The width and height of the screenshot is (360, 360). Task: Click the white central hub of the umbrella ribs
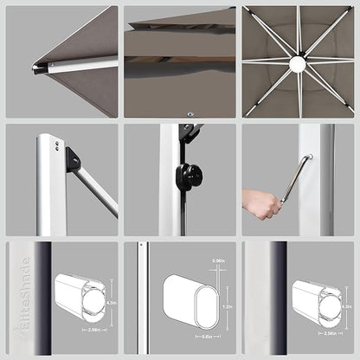[298, 63]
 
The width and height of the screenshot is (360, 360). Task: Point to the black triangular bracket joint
[74, 158]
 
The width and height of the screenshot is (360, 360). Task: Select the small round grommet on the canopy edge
[190, 112]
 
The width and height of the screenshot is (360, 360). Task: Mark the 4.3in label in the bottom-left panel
[112, 302]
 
